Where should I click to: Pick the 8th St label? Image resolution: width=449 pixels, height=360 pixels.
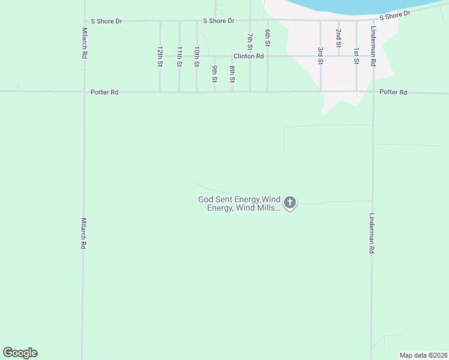232,73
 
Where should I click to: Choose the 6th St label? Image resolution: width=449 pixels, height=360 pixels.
268,40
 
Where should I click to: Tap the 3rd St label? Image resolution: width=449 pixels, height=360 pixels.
321,56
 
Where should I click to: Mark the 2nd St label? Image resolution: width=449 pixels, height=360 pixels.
339,37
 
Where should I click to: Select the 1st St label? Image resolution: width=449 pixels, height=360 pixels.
356,56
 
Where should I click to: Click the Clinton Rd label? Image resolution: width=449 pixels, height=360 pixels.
249,56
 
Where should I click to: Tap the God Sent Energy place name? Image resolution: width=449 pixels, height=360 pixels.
240,203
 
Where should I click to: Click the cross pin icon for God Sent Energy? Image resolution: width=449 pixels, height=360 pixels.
290,203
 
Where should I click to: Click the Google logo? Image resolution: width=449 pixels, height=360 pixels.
20,353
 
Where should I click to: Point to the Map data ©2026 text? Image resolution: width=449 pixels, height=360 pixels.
423,355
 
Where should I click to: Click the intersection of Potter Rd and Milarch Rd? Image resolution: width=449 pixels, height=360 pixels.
84,92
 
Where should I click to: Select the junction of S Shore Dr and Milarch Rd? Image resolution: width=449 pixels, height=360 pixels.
84,21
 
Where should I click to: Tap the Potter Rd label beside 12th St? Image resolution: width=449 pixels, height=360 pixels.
104,92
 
